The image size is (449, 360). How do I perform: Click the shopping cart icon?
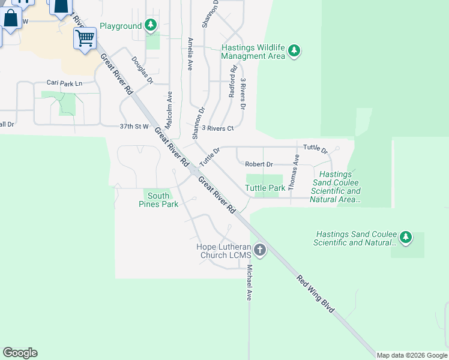[x=85, y=38]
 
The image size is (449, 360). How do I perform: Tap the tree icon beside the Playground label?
[x=151, y=25]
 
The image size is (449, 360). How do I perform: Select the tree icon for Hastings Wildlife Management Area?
[x=294, y=51]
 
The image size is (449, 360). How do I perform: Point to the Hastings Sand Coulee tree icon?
[x=406, y=238]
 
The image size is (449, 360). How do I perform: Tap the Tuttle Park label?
[x=265, y=188]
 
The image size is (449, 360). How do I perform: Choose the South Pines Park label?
[x=158, y=200]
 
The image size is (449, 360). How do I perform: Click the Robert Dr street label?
[x=259, y=164]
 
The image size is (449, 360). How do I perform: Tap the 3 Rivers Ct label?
[x=217, y=128]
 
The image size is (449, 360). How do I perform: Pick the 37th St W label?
[x=133, y=127]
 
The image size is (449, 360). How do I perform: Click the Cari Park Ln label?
[x=64, y=83]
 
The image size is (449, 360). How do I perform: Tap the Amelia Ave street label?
[x=190, y=54]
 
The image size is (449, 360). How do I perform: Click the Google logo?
[x=20, y=353]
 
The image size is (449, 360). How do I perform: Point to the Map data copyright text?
[x=411, y=355]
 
